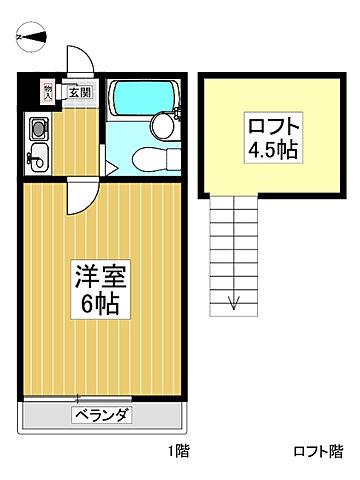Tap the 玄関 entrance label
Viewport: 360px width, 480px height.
(80, 92)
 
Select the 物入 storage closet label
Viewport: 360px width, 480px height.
(47, 91)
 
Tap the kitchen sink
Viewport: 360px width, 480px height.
(38, 156)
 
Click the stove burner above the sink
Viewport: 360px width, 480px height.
(38, 129)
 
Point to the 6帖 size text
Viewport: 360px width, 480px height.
(97, 303)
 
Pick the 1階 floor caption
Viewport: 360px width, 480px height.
(177, 451)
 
